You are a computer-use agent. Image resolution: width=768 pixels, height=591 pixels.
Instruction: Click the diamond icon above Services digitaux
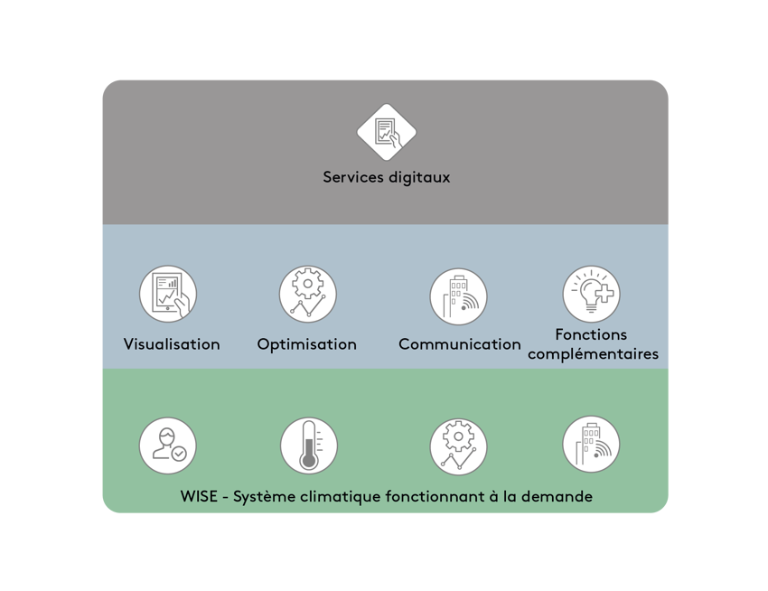point(387,132)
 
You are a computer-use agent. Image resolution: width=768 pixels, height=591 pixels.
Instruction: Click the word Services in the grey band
point(353,177)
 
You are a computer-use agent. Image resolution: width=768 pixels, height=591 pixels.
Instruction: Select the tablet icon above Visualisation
point(168,294)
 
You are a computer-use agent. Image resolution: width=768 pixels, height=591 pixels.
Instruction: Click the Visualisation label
point(172,344)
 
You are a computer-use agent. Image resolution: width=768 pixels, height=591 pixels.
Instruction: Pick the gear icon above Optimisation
point(307,294)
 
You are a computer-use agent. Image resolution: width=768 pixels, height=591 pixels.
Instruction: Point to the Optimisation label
point(307,344)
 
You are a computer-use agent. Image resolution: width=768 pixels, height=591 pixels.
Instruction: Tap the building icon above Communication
point(458,296)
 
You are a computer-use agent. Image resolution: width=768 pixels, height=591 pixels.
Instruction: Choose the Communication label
point(460,344)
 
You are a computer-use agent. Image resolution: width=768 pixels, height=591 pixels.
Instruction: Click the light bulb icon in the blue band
point(591,294)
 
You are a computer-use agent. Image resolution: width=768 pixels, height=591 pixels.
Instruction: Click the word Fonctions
point(591,334)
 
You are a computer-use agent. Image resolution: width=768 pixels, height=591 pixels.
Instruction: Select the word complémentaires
point(593,354)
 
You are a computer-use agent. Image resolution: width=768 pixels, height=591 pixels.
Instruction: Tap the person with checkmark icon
point(168,446)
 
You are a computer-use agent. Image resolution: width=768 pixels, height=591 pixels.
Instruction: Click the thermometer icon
point(309,446)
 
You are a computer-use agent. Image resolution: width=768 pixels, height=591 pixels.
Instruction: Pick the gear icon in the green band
point(458,447)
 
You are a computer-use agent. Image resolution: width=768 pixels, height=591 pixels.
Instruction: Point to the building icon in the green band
point(591,445)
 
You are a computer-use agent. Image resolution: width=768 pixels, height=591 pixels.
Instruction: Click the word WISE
point(199,496)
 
